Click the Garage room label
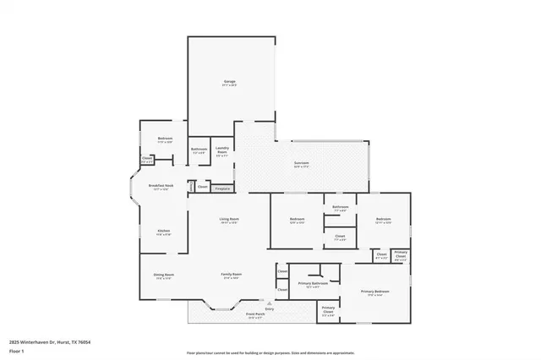tap(229, 81)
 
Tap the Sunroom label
tap(301, 162)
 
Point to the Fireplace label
tap(221, 188)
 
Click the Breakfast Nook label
tap(161, 185)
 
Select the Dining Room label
tap(163, 275)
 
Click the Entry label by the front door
tap(269, 308)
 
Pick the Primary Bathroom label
tap(313, 283)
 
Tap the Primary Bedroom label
tap(373, 292)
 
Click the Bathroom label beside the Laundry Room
tap(199, 149)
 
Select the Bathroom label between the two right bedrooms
tap(340, 207)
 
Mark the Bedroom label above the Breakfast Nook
tap(165, 138)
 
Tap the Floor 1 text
tap(17, 350)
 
